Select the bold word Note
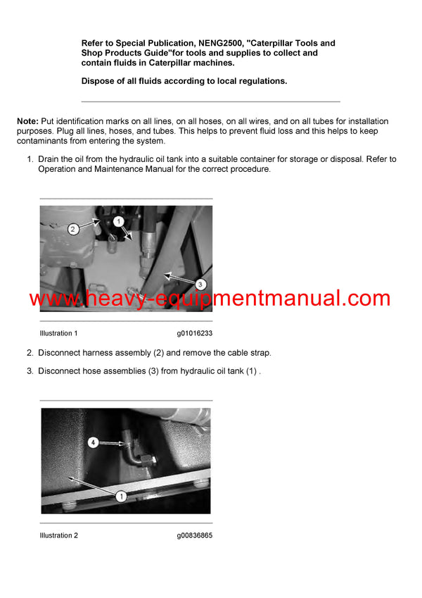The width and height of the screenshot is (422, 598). [27, 122]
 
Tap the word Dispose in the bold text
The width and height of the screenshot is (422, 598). [98, 81]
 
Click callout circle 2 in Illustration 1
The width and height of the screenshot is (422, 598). [72, 228]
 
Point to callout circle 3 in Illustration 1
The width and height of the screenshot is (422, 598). [200, 284]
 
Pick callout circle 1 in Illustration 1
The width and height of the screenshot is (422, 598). [119, 220]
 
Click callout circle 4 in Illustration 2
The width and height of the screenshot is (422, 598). [93, 442]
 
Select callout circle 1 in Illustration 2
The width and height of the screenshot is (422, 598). [120, 496]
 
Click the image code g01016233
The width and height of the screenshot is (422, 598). [195, 333]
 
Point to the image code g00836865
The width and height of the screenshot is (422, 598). [195, 535]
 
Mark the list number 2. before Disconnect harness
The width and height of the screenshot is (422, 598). [30, 353]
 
